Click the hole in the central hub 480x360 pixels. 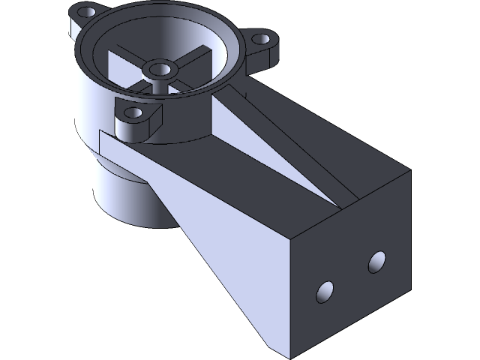pyautogui.click(x=160, y=70)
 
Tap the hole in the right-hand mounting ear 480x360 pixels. pyautogui.click(x=262, y=38)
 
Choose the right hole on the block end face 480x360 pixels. pyautogui.click(x=376, y=262)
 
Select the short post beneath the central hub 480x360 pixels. pyautogui.click(x=159, y=83)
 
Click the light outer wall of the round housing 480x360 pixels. pyautogui.click(x=86, y=97)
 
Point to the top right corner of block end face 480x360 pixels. pyautogui.click(x=410, y=171)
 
